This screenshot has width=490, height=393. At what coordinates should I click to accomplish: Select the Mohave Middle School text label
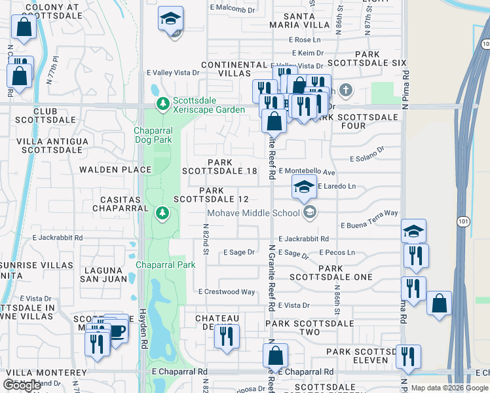click(254, 213)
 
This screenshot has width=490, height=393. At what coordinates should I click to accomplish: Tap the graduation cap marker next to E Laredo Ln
click(304, 187)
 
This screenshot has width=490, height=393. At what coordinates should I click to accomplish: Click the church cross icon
click(346, 90)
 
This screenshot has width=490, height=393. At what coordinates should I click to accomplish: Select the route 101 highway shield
click(464, 222)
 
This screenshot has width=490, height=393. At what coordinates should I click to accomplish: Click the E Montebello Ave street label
click(307, 172)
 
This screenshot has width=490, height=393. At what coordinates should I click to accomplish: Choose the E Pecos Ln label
click(337, 252)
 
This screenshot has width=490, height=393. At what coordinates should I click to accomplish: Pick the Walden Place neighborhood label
click(115, 170)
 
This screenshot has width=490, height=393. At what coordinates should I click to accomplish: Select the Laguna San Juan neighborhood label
click(103, 275)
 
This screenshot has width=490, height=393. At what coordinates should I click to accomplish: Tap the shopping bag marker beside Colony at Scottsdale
click(24, 29)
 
